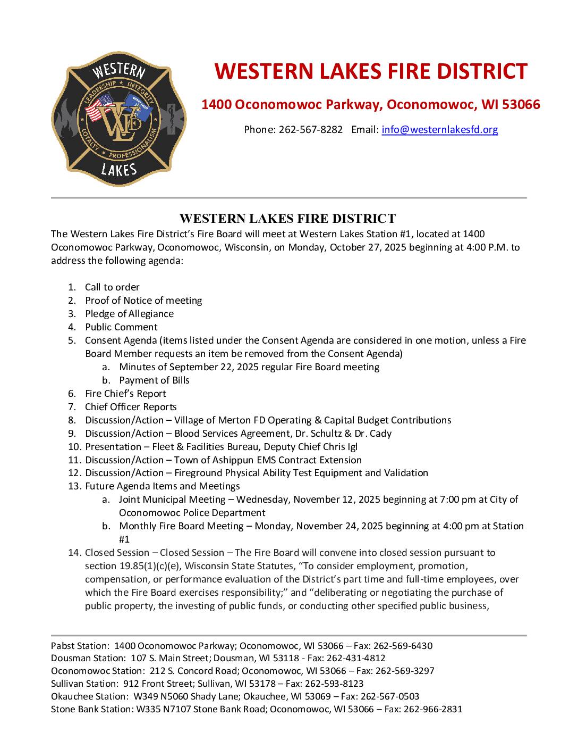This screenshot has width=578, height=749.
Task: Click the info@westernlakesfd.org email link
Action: (x=439, y=129)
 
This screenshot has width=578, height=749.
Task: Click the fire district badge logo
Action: (x=119, y=119)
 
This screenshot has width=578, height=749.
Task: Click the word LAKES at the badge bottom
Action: (x=119, y=170)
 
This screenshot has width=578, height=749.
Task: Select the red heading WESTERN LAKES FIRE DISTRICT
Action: (x=371, y=71)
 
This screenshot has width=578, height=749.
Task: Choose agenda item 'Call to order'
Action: (x=112, y=287)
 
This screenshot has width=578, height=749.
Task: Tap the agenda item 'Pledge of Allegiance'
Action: (x=129, y=314)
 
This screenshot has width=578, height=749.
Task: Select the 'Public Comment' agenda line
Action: (x=121, y=327)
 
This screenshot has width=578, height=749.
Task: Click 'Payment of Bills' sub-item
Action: (x=154, y=380)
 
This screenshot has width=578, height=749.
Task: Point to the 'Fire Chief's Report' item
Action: (x=125, y=394)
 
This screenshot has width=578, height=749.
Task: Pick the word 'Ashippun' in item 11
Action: (x=239, y=460)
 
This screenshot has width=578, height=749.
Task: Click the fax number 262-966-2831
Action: (x=433, y=709)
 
